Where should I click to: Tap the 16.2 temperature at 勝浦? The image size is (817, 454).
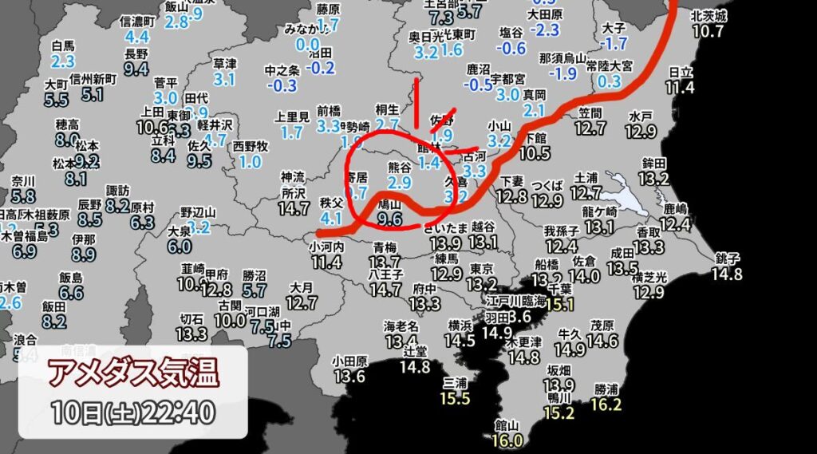point(607,405)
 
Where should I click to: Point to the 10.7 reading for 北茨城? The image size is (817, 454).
point(708,31)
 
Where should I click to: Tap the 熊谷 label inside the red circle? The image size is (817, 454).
point(399,167)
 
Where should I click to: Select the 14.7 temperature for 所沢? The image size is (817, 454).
point(294,208)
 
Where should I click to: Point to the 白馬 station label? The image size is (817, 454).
point(62,46)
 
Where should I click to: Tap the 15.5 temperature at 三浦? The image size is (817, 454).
point(455,398)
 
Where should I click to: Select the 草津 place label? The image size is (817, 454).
point(225,64)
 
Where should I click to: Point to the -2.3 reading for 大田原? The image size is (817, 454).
point(547,30)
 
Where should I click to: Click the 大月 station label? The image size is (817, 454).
point(301,286)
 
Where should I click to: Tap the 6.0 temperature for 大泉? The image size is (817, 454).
point(179,246)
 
